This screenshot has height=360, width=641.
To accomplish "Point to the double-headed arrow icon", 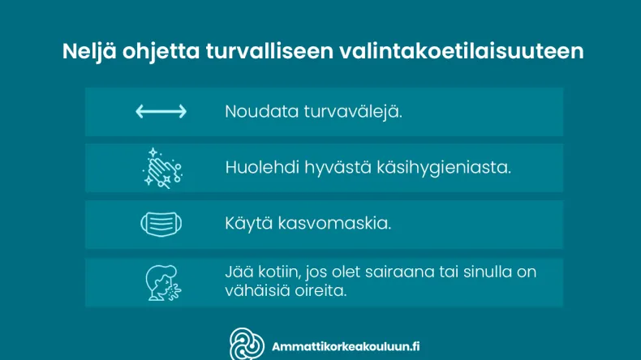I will click(161, 112).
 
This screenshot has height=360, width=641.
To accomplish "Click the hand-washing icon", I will click(161, 168).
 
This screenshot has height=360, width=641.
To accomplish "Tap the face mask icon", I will click(161, 223).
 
